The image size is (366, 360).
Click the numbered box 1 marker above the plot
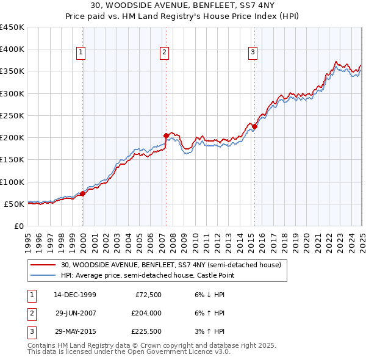click(81, 53)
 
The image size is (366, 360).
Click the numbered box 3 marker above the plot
click(253, 53)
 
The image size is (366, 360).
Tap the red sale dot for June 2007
click(166, 135)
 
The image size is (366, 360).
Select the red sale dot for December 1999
click(82, 193)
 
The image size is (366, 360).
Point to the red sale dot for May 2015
click(254, 126)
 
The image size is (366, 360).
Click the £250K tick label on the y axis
click(12, 115)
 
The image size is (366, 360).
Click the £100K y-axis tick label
click(12, 182)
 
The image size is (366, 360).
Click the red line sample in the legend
click(43, 265)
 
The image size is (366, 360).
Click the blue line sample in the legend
click(43, 276)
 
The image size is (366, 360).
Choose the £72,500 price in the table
click(145, 295)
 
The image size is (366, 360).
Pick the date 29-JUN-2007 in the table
click(75, 313)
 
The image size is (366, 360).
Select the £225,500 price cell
click(145, 331)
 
